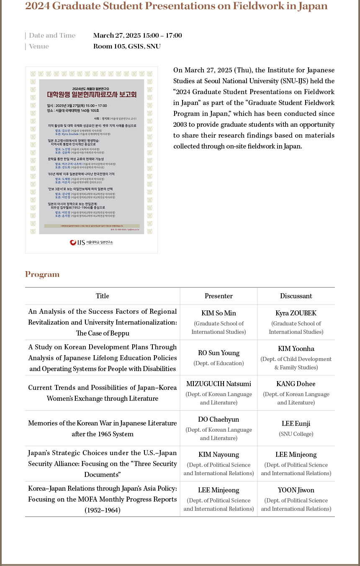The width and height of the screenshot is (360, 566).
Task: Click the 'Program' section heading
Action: click(42, 274)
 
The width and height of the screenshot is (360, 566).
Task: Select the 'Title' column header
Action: click(102, 296)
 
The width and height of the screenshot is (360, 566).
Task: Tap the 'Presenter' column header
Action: click(219, 296)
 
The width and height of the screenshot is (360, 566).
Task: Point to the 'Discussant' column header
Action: click(296, 296)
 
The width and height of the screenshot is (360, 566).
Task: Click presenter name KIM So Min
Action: click(219, 313)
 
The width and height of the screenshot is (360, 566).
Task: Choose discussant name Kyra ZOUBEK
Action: click(296, 313)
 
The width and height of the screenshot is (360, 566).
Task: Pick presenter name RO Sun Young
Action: click(219, 353)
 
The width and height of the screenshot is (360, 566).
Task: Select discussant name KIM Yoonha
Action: click(296, 349)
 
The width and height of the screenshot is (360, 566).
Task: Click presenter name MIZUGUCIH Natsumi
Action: click(219, 384)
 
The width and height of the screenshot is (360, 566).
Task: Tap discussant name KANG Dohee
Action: click(296, 384)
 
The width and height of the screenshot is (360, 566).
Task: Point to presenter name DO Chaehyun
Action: click(219, 420)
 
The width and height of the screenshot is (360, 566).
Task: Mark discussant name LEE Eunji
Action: click(296, 424)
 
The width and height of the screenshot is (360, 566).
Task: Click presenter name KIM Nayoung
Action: click(219, 455)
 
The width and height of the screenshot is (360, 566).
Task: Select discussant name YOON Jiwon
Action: click(296, 490)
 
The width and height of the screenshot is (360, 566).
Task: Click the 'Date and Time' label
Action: click(52, 36)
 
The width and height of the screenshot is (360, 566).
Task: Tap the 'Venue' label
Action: click(39, 46)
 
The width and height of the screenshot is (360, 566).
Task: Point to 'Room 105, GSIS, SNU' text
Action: click(127, 46)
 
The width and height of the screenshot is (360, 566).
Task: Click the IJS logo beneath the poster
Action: click(91, 242)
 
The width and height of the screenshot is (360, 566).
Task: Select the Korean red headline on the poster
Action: click(91, 95)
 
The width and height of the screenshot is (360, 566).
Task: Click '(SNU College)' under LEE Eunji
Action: click(296, 434)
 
